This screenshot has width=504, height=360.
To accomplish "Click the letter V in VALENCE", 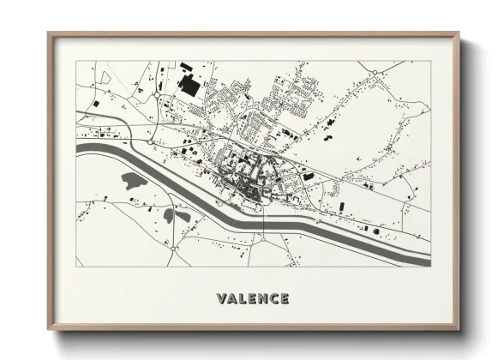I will click(x=222, y=299).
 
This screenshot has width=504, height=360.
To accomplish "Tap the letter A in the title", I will click(x=232, y=299).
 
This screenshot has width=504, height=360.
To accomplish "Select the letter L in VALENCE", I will click(x=243, y=299).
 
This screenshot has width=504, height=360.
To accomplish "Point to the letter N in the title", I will click(x=262, y=299).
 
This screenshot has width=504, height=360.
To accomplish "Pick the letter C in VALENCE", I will click(x=273, y=299).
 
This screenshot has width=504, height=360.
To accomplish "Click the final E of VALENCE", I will click(x=284, y=299).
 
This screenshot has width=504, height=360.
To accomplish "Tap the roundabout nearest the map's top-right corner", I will click(x=374, y=72).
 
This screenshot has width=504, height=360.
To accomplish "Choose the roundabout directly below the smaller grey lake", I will click(x=174, y=248).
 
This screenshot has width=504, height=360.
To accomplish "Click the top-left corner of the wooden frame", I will click(x=48, y=33).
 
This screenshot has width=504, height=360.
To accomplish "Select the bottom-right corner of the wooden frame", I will click(x=459, y=331).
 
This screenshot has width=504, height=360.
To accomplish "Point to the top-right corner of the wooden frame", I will click(x=459, y=33).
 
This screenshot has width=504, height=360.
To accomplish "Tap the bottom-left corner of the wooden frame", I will click(x=48, y=331).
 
